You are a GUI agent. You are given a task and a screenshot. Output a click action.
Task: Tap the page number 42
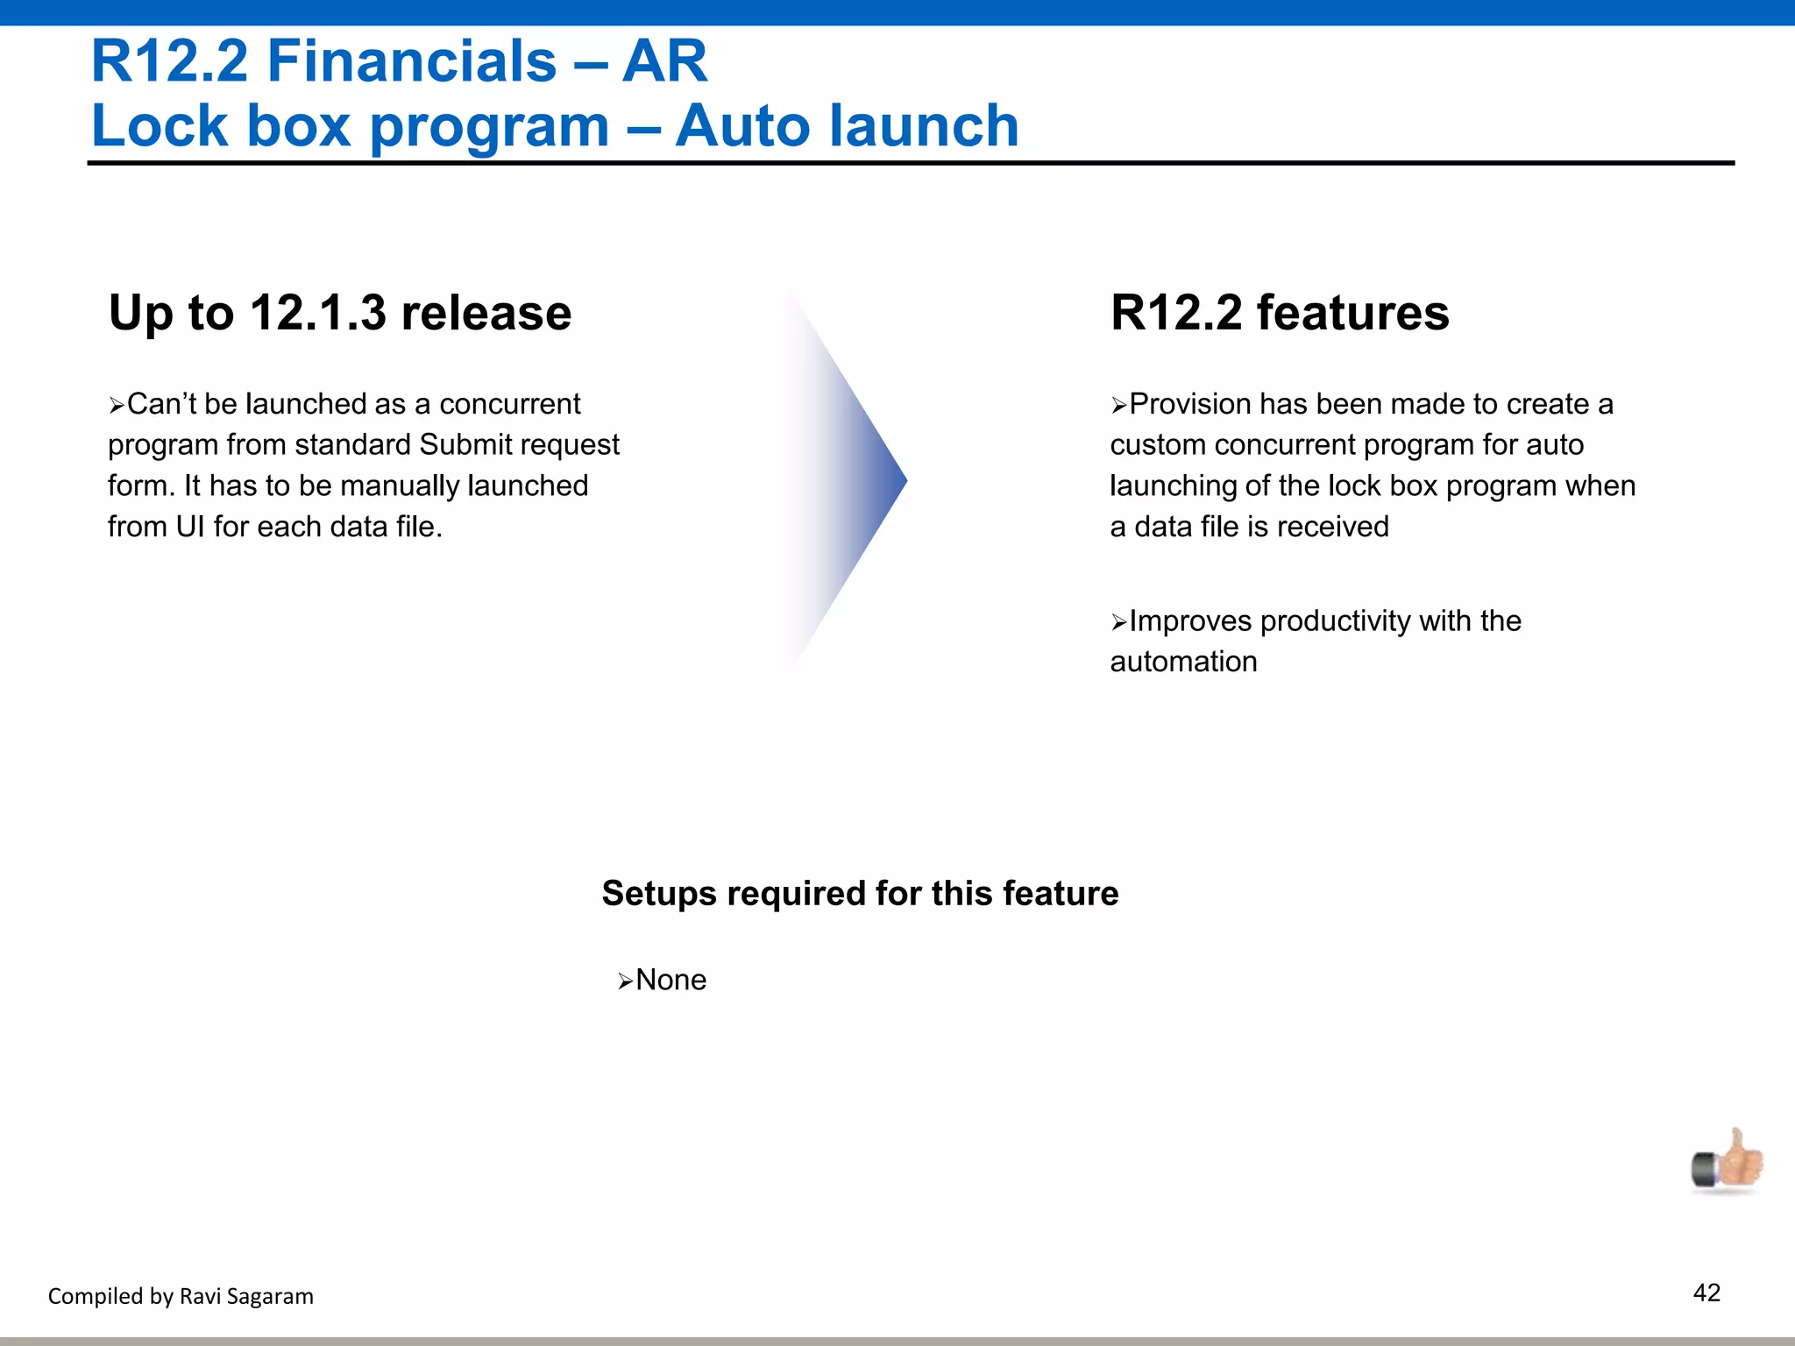pyautogui.click(x=1706, y=1293)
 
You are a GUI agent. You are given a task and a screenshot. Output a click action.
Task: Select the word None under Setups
pyautogui.click(x=670, y=980)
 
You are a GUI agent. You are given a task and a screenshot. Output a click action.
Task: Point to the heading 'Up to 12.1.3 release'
pyautogui.click(x=340, y=313)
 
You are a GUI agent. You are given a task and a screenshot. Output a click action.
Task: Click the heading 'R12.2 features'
pyautogui.click(x=1280, y=313)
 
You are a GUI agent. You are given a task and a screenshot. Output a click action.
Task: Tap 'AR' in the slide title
pyautogui.click(x=664, y=61)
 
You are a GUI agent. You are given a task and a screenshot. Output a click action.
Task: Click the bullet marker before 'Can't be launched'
pyautogui.click(x=117, y=406)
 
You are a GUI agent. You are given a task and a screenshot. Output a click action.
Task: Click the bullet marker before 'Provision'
pyautogui.click(x=1119, y=406)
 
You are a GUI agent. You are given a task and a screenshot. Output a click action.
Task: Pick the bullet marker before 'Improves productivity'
pyautogui.click(x=1119, y=622)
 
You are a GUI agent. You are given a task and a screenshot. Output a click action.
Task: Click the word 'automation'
pyautogui.click(x=1183, y=662)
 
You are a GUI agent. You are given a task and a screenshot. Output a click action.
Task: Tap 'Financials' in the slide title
pyautogui.click(x=411, y=61)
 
